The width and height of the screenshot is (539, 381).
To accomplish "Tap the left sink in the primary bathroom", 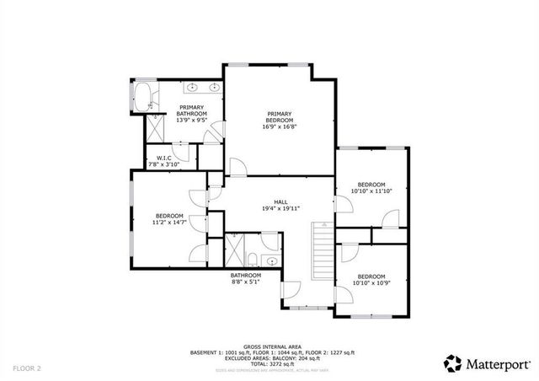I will click(192, 87).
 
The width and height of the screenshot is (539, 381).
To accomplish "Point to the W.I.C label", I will click(163, 158).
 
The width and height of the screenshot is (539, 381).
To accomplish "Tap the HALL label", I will click(280, 201).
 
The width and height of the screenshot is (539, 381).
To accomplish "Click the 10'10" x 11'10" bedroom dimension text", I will click(371, 191).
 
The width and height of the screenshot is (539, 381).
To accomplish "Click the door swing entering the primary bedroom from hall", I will click(237, 167).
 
